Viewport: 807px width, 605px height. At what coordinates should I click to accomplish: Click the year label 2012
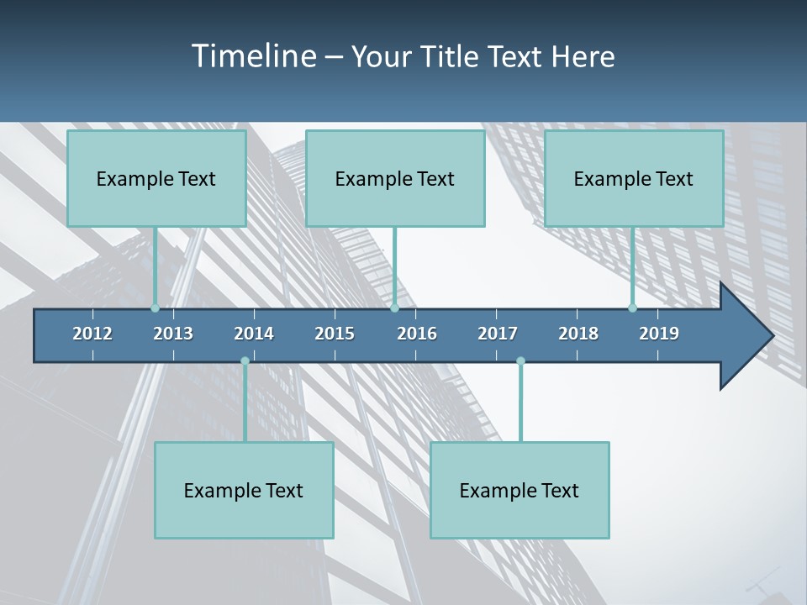(x=92, y=334)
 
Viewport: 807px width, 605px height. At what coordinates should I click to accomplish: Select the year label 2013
(x=173, y=334)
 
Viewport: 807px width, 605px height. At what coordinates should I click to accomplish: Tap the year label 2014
(x=254, y=334)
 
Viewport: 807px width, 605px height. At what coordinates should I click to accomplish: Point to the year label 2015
(x=335, y=334)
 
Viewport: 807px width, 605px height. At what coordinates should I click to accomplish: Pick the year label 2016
(x=417, y=334)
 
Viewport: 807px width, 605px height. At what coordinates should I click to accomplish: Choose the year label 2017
(x=498, y=334)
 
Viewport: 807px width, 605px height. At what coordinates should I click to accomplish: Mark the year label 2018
(x=578, y=334)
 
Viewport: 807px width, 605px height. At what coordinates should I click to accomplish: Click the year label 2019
(x=659, y=334)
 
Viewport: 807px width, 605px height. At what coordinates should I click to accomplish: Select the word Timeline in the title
(x=254, y=56)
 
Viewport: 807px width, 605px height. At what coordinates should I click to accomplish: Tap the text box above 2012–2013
(x=156, y=179)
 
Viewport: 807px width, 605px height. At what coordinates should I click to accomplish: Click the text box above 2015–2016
(x=395, y=179)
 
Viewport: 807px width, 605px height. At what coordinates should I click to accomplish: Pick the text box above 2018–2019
(x=634, y=179)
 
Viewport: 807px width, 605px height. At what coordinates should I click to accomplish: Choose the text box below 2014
(x=244, y=491)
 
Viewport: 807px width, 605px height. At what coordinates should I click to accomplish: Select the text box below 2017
(x=520, y=491)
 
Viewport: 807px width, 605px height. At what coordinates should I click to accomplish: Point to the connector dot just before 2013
(x=155, y=308)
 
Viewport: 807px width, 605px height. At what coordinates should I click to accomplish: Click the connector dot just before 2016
(x=394, y=308)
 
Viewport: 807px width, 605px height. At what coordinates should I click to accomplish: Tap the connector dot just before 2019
(x=632, y=308)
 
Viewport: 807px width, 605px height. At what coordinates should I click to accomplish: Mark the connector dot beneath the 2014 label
(x=245, y=361)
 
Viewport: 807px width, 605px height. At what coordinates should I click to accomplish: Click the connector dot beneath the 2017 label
(x=520, y=361)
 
